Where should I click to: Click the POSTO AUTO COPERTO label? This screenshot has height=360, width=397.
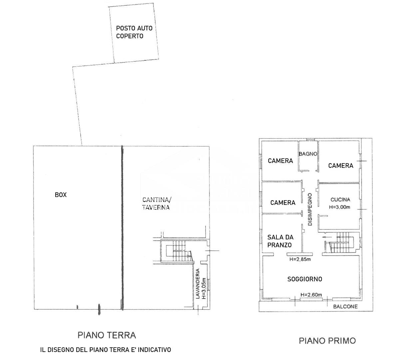[134, 32]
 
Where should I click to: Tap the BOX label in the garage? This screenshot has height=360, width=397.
[61, 195]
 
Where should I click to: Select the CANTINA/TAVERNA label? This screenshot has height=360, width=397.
[156, 203]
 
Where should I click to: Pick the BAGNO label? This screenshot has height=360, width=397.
[308, 154]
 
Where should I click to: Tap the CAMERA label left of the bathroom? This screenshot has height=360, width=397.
[280, 161]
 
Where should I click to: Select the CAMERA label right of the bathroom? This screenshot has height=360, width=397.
[340, 165]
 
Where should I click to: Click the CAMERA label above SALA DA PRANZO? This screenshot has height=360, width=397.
[283, 202]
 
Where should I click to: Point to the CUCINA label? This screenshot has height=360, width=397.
[340, 200]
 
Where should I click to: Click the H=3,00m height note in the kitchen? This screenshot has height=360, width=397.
[339, 207]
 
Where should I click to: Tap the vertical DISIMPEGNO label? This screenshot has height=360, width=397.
[310, 209]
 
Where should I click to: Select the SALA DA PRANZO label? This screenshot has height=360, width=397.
[280, 241]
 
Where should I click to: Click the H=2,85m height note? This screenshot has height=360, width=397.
[300, 259]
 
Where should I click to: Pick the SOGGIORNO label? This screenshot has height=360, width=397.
[305, 279]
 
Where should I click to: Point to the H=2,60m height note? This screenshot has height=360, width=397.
[311, 295]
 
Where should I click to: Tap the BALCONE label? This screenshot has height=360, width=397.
[345, 306]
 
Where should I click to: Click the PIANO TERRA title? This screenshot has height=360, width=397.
[107, 335]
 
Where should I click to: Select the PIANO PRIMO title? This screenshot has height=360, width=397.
[327, 340]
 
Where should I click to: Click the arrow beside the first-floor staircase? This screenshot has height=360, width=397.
[327, 237]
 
